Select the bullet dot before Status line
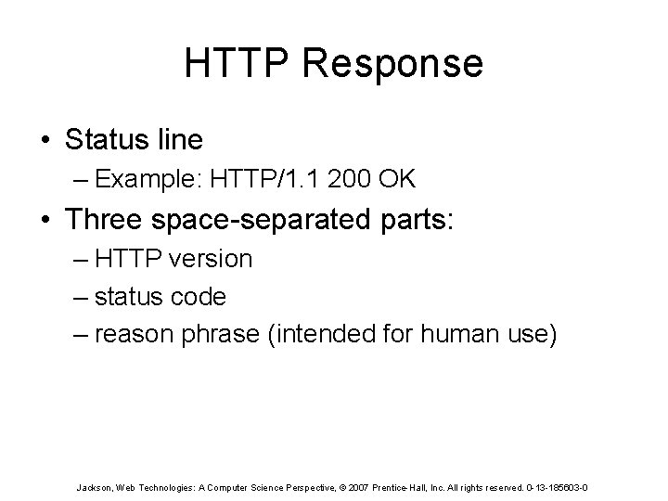(45, 140)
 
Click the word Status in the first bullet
(102, 140)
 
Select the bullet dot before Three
(45, 222)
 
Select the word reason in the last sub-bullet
(131, 335)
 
